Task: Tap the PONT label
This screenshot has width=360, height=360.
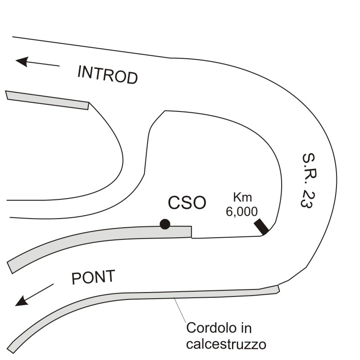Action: [93, 277]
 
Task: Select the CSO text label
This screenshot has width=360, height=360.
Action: [187, 203]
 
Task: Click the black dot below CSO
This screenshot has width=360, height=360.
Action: [165, 224]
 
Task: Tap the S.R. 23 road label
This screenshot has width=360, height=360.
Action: [307, 181]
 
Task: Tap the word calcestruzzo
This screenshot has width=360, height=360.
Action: [226, 344]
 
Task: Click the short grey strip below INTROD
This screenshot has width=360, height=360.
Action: [47, 100]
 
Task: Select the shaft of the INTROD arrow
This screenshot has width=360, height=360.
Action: [44, 64]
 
